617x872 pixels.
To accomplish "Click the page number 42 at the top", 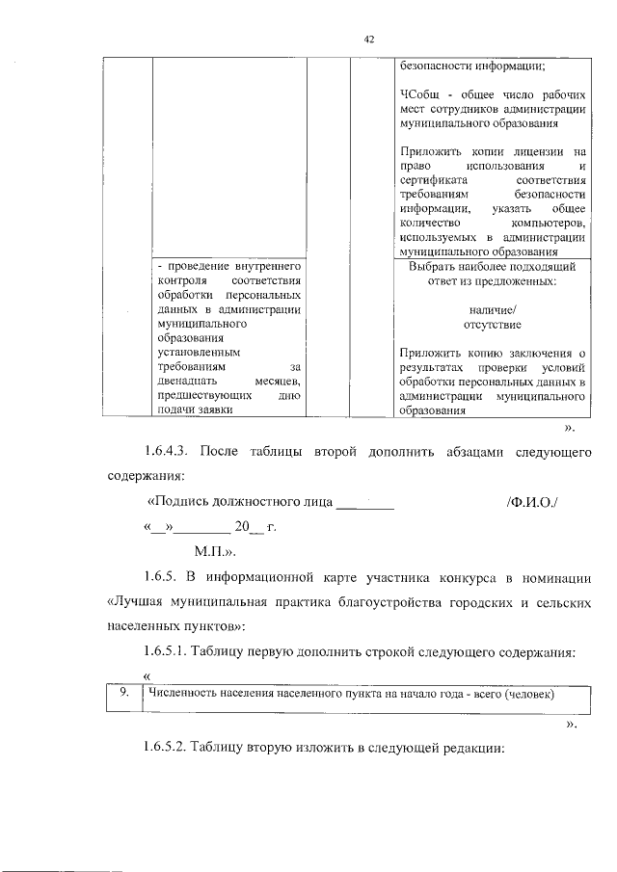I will point(368,39).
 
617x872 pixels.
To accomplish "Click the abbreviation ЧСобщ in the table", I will point(416,94).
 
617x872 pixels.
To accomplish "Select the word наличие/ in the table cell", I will point(491,309).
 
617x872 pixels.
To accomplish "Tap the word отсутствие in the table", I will point(491,324).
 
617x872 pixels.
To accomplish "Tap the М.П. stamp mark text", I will point(215,554).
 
